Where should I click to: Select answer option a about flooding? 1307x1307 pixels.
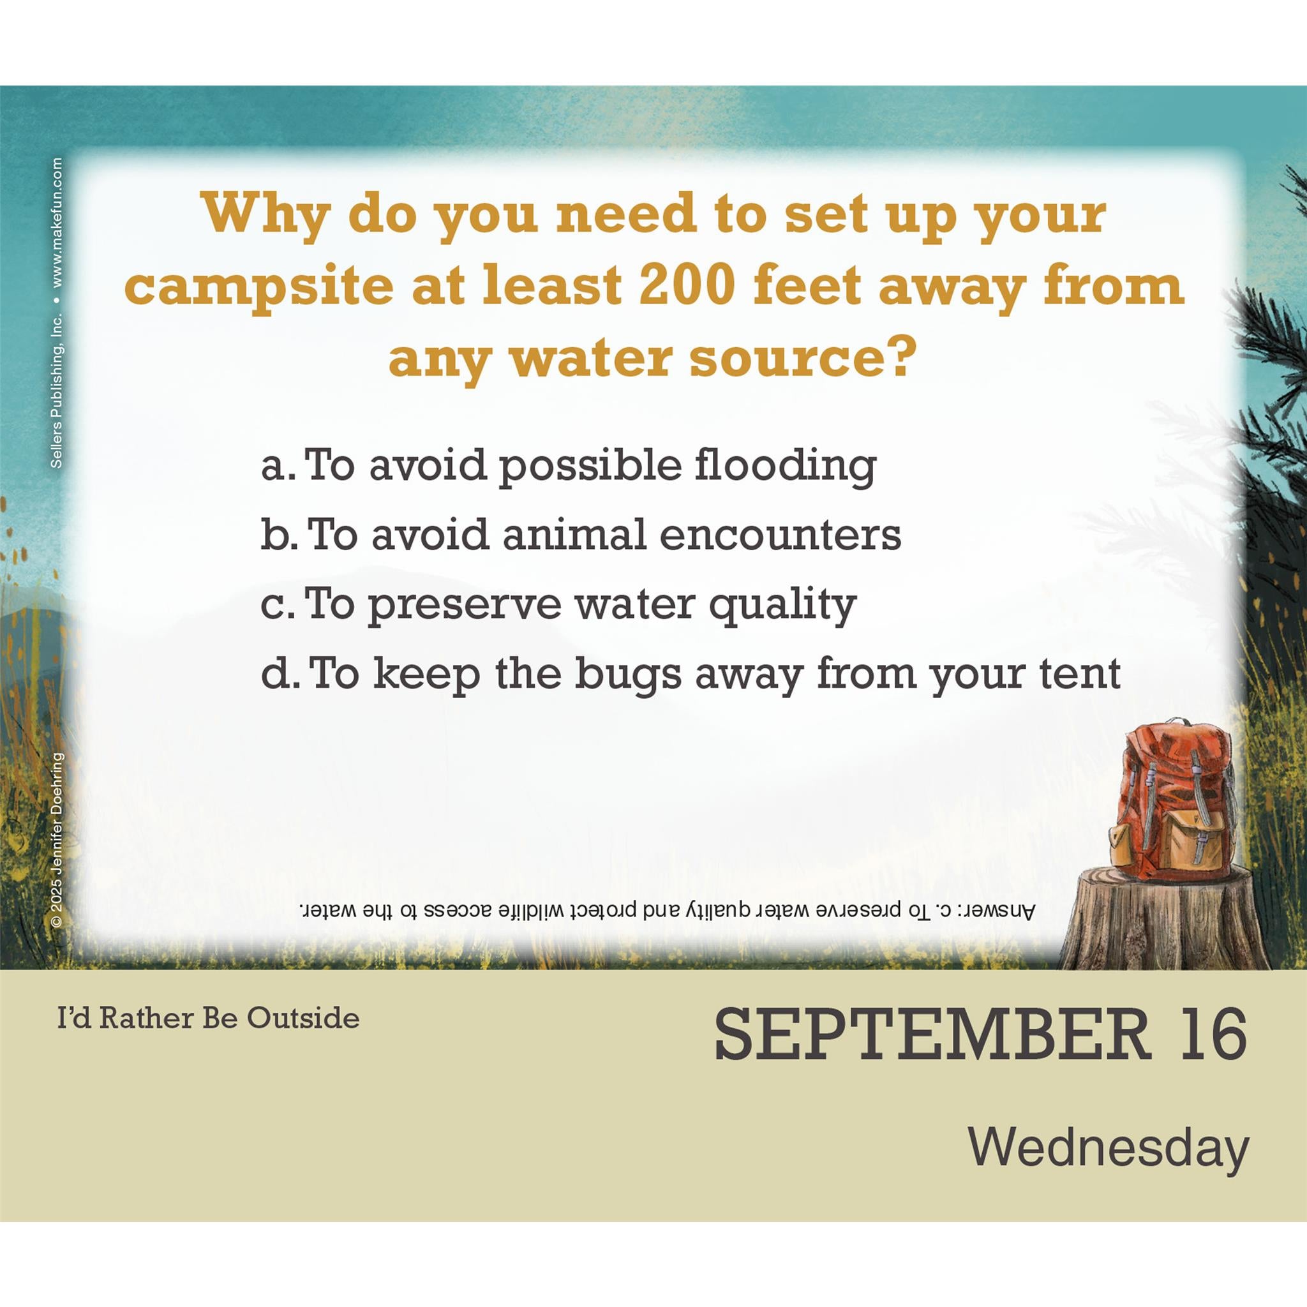point(569,467)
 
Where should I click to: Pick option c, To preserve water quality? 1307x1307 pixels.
point(559,606)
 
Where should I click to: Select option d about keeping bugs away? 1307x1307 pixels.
point(691,676)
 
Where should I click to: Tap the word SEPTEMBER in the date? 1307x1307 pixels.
point(934,1035)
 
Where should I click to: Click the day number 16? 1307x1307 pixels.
point(1213,1035)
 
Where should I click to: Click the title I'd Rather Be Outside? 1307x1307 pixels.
point(208,1018)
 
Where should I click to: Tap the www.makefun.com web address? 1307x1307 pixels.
point(57,223)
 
